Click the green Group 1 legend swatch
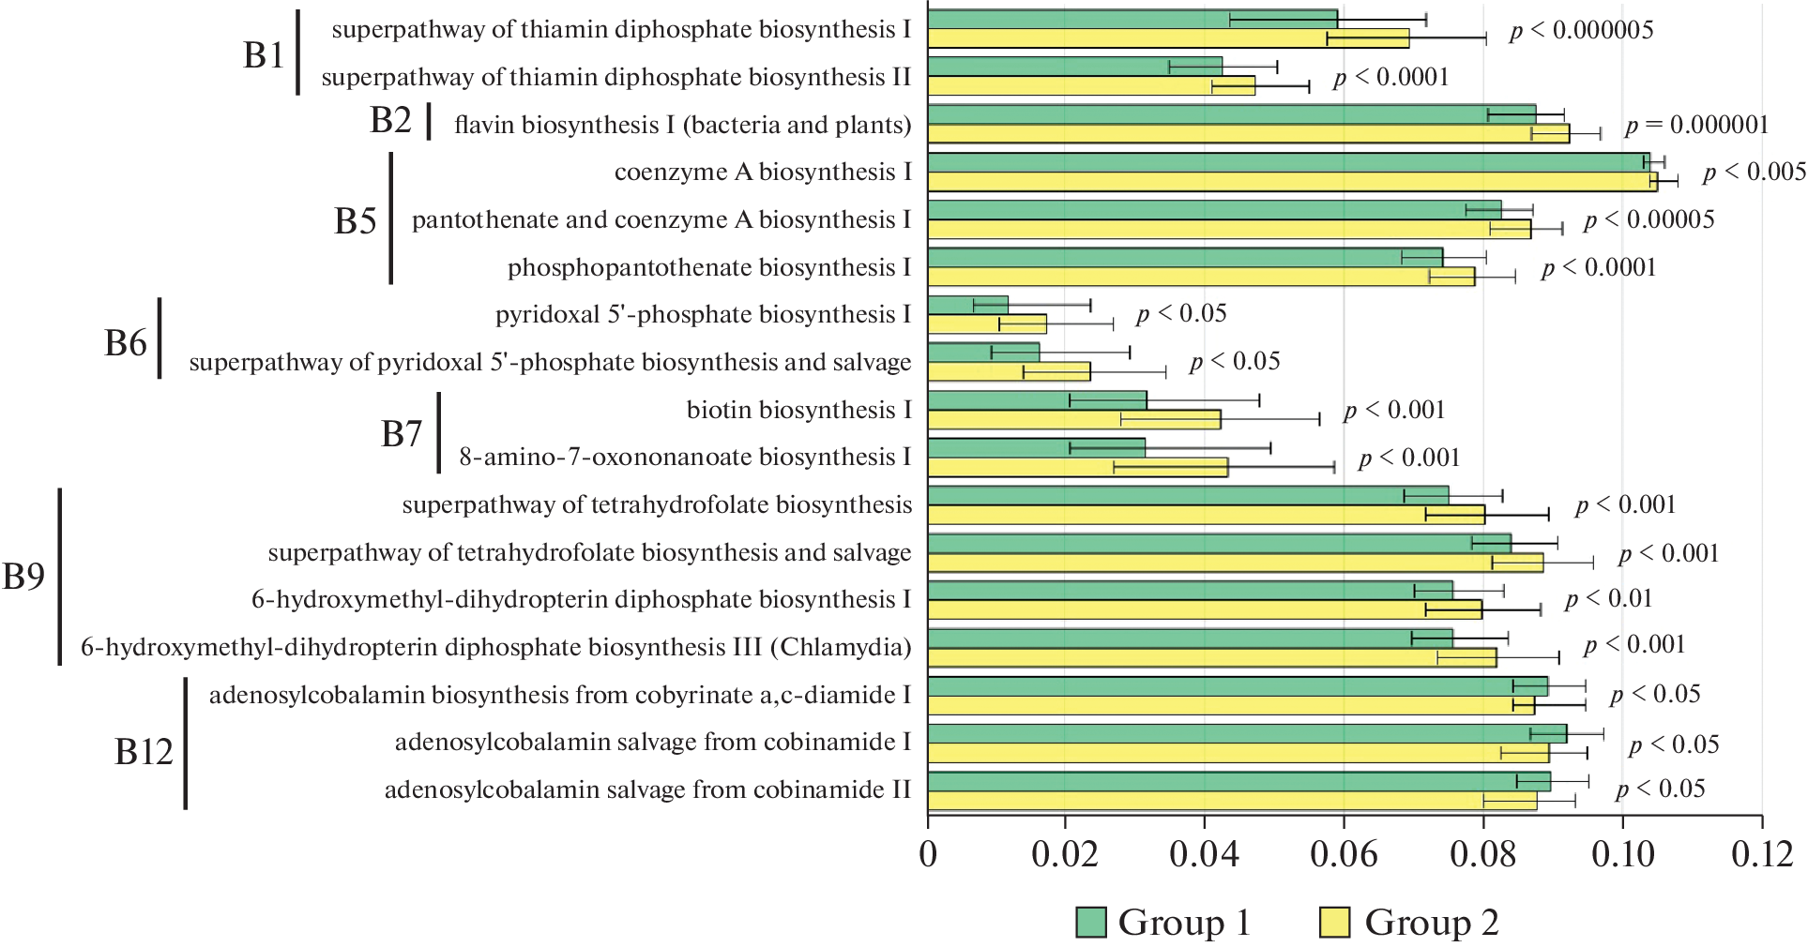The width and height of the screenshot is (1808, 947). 1091,923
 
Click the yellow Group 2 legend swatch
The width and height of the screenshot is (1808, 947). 1334,923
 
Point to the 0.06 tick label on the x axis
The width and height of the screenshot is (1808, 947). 1344,854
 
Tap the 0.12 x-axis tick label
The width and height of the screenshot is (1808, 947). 1761,854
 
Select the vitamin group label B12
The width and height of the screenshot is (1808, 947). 144,752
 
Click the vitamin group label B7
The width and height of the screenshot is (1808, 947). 402,434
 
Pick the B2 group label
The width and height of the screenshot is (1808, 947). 390,121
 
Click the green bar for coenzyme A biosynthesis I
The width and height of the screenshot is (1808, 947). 1287,162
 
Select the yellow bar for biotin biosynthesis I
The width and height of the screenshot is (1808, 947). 1074,419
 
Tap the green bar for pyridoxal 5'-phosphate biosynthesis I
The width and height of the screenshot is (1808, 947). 968,305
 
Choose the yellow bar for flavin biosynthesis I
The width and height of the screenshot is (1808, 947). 1248,134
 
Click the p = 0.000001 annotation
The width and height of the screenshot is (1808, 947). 1696,126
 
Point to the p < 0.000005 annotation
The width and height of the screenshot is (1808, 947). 1581,31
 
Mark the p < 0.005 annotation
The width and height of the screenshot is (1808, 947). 1754,173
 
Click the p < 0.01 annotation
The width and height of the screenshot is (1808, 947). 1608,599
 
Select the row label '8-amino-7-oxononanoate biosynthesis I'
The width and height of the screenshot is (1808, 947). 685,458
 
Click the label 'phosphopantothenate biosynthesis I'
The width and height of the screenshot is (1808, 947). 709,268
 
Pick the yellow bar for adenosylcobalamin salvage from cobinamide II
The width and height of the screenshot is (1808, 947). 1232,801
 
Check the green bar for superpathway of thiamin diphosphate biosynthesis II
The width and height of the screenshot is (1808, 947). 1075,67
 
